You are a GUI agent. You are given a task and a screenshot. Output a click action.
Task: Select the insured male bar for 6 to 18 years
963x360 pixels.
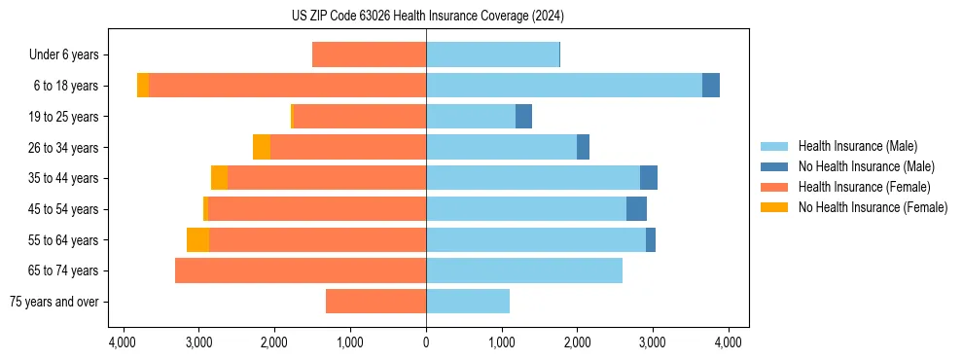pos(564,86)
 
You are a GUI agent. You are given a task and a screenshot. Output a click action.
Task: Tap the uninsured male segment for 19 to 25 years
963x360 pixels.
pos(523,117)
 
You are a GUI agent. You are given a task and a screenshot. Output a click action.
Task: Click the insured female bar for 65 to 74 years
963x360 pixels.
pos(301,270)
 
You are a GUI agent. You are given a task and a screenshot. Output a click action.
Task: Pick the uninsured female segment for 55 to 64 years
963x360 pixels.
pos(197,240)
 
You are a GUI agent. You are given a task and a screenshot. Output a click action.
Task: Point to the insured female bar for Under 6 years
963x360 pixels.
pos(369,55)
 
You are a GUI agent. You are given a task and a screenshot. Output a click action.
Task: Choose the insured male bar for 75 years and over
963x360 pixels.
pos(468,302)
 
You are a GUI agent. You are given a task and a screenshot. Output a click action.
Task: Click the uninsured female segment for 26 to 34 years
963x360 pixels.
pos(262,148)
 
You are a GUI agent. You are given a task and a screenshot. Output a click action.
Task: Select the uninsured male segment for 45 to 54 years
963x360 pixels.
pos(636,209)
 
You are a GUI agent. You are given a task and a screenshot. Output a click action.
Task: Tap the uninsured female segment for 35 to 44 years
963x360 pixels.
pos(219,178)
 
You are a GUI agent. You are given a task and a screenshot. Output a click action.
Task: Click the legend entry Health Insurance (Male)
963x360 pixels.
pos(857,146)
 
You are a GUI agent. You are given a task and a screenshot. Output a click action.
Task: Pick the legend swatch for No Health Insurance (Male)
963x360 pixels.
pos(774,166)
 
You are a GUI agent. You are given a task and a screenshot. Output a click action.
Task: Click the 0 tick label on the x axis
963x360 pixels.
pos(426,342)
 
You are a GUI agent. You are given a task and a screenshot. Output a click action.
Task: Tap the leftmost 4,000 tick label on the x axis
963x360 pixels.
pos(123,342)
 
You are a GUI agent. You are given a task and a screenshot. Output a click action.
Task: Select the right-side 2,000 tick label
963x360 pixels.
pos(577,342)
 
